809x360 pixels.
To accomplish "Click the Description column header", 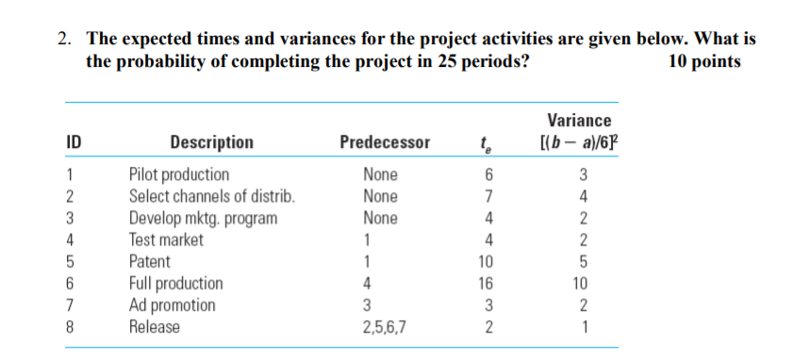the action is [212, 142].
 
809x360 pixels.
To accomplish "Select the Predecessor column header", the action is [385, 142].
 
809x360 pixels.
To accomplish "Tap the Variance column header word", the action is [579, 121].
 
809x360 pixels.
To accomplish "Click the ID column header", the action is [74, 142].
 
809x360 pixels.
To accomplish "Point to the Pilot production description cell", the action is [178, 175].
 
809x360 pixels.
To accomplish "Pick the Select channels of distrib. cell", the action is [212, 197].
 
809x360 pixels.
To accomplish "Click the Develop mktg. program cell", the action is [203, 219].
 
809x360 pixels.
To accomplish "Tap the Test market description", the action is [166, 239].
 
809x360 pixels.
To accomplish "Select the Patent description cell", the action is [149, 261].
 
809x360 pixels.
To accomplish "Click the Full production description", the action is [176, 284].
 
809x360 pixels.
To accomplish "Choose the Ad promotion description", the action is [172, 305].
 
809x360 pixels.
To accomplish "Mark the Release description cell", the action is [155, 326].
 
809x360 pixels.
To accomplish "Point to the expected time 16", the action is [486, 284].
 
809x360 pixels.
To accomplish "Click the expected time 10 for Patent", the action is [486, 262].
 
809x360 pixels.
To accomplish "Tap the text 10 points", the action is [704, 62].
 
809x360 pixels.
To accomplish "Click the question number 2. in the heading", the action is [64, 40].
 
